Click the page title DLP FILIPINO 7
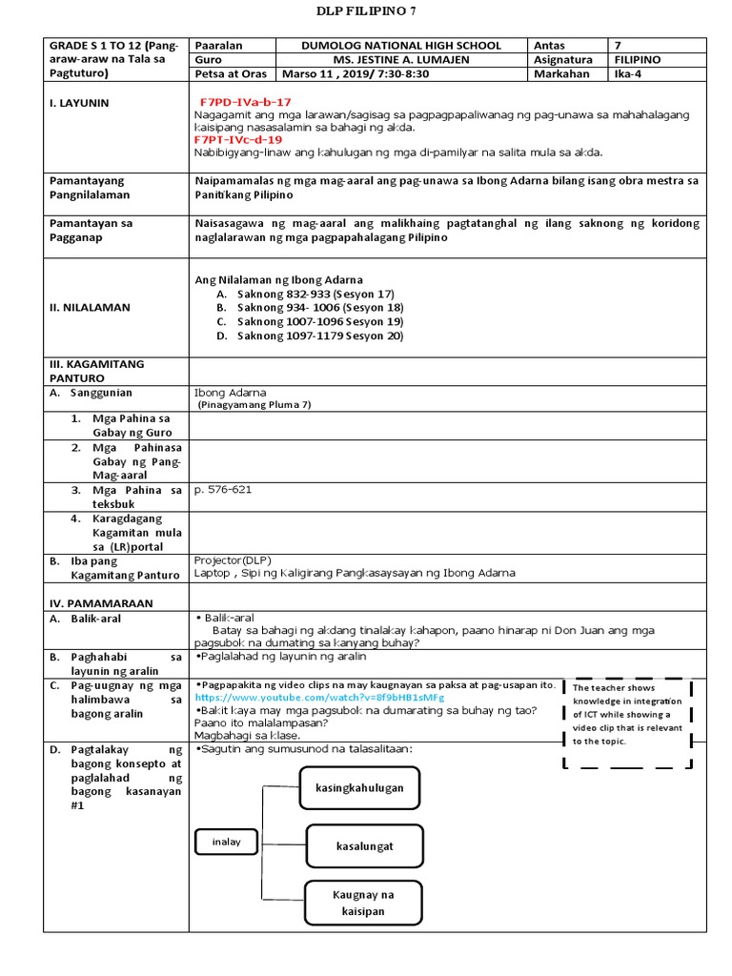pyautogui.click(x=366, y=11)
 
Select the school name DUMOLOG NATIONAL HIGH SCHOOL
pyautogui.click(x=400, y=45)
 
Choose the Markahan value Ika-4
pyautogui.click(x=630, y=73)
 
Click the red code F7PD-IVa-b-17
pyautogui.click(x=245, y=101)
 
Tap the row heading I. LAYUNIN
pyautogui.click(x=79, y=102)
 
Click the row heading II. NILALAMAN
pyautogui.click(x=90, y=308)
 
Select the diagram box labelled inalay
pyautogui.click(x=226, y=842)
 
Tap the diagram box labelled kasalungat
pyautogui.click(x=364, y=845)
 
